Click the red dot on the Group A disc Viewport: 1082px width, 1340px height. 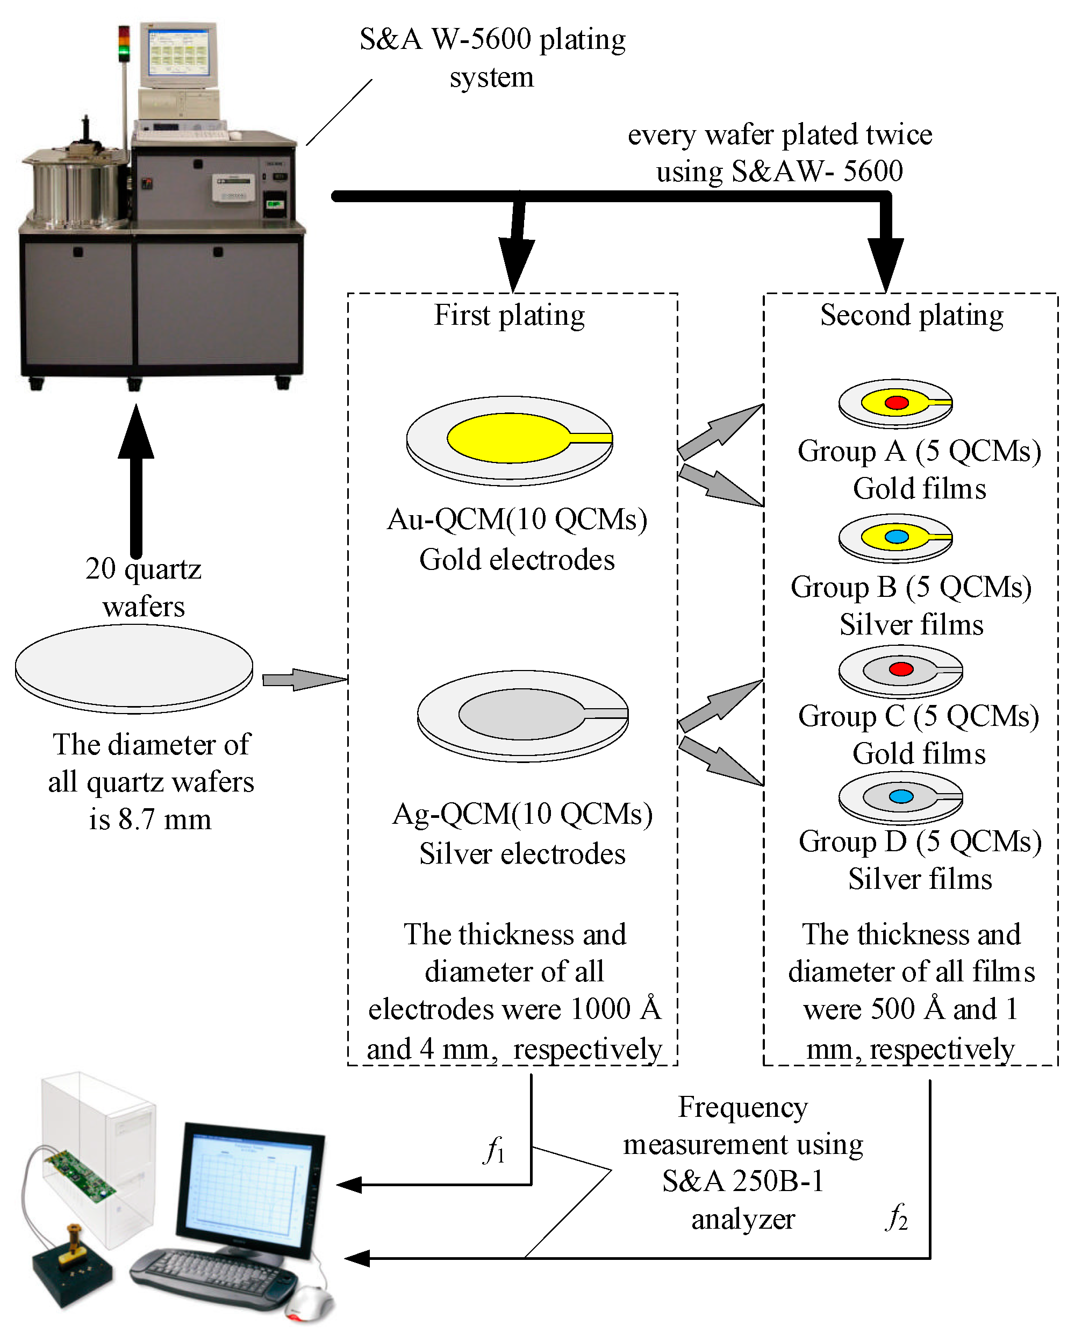(x=896, y=402)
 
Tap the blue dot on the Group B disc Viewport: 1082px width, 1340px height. (x=896, y=536)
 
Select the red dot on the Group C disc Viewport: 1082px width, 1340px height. (x=901, y=669)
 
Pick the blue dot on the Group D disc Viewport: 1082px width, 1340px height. (x=901, y=796)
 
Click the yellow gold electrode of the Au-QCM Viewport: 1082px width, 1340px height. (x=508, y=438)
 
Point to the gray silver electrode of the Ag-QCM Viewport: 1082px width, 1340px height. (x=521, y=714)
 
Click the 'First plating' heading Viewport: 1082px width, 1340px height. (x=509, y=315)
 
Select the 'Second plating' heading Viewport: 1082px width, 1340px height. (x=911, y=315)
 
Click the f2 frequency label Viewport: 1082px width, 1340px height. (x=896, y=1217)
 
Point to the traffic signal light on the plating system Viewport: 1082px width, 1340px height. (x=124, y=44)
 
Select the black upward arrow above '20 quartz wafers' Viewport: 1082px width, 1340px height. (x=136, y=480)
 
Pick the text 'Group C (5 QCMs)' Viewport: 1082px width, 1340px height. (x=918, y=716)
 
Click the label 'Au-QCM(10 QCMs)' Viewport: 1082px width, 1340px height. (x=517, y=519)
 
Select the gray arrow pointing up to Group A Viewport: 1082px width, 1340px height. (x=720, y=431)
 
